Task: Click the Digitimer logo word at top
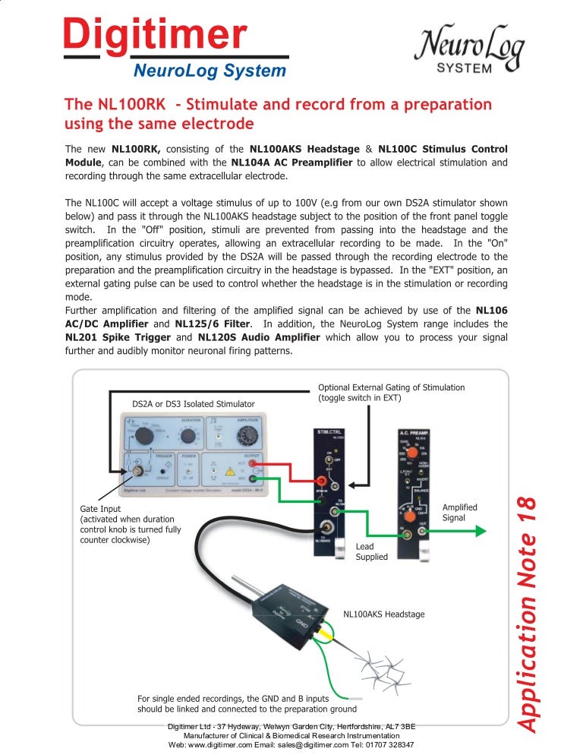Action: click(155, 36)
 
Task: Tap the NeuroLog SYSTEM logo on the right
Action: click(468, 51)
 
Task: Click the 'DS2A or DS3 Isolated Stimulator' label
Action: click(194, 404)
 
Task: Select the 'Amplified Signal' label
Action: click(459, 512)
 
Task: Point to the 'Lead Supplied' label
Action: click(371, 551)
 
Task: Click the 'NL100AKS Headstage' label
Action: click(383, 614)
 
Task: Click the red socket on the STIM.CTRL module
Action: click(320, 480)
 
